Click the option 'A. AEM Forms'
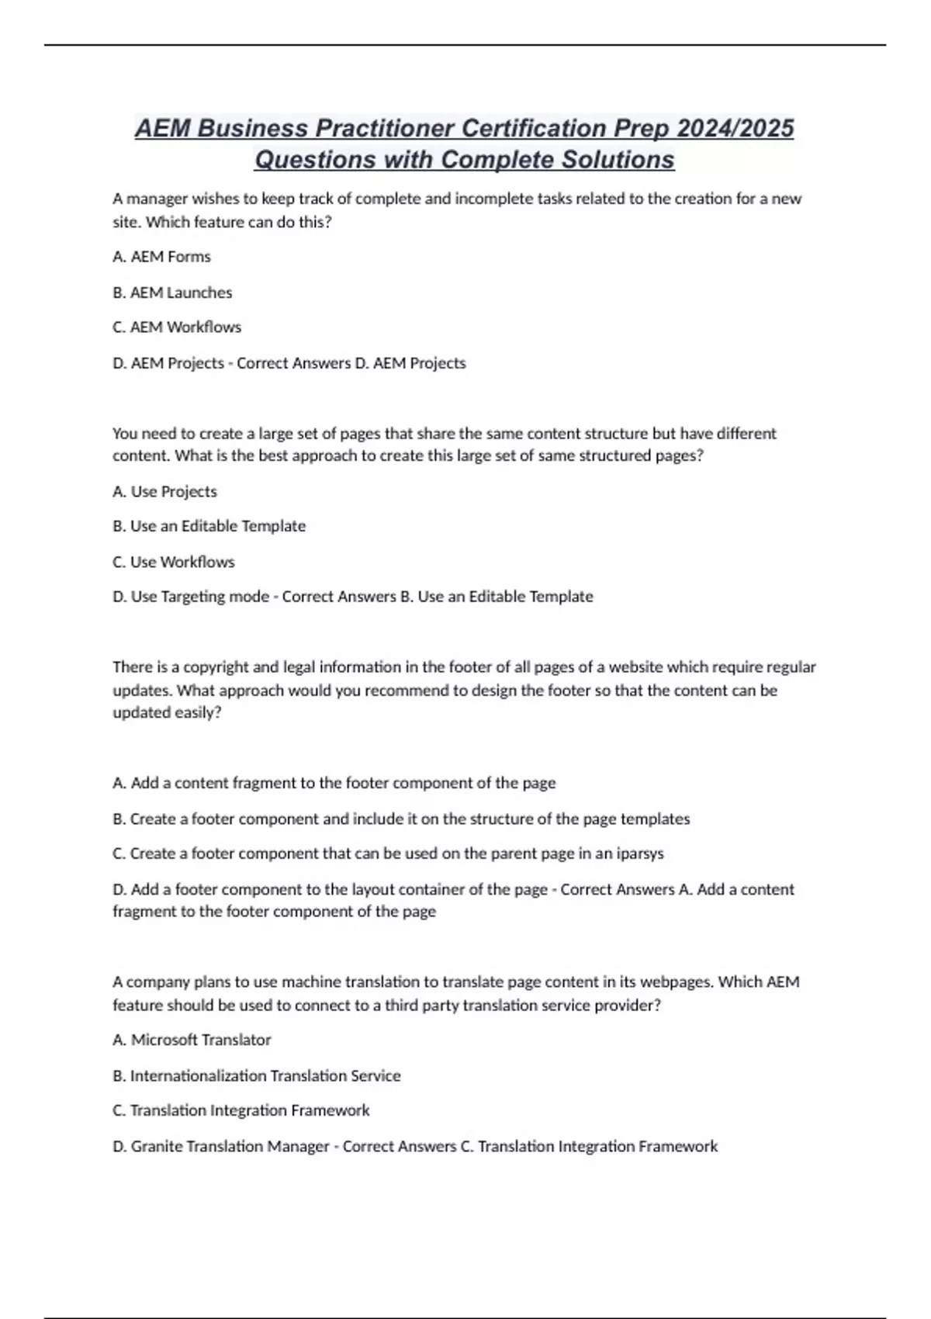pos(161,257)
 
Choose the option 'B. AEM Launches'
pos(172,293)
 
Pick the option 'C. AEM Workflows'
pos(177,327)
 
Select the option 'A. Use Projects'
pos(164,491)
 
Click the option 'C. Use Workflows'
pos(174,562)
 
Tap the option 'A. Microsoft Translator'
pos(192,1040)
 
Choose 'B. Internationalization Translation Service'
pos(257,1075)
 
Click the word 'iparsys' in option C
pos(640,853)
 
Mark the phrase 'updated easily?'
pos(167,712)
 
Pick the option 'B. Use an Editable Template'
pos(209,526)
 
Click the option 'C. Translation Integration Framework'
pos(241,1110)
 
